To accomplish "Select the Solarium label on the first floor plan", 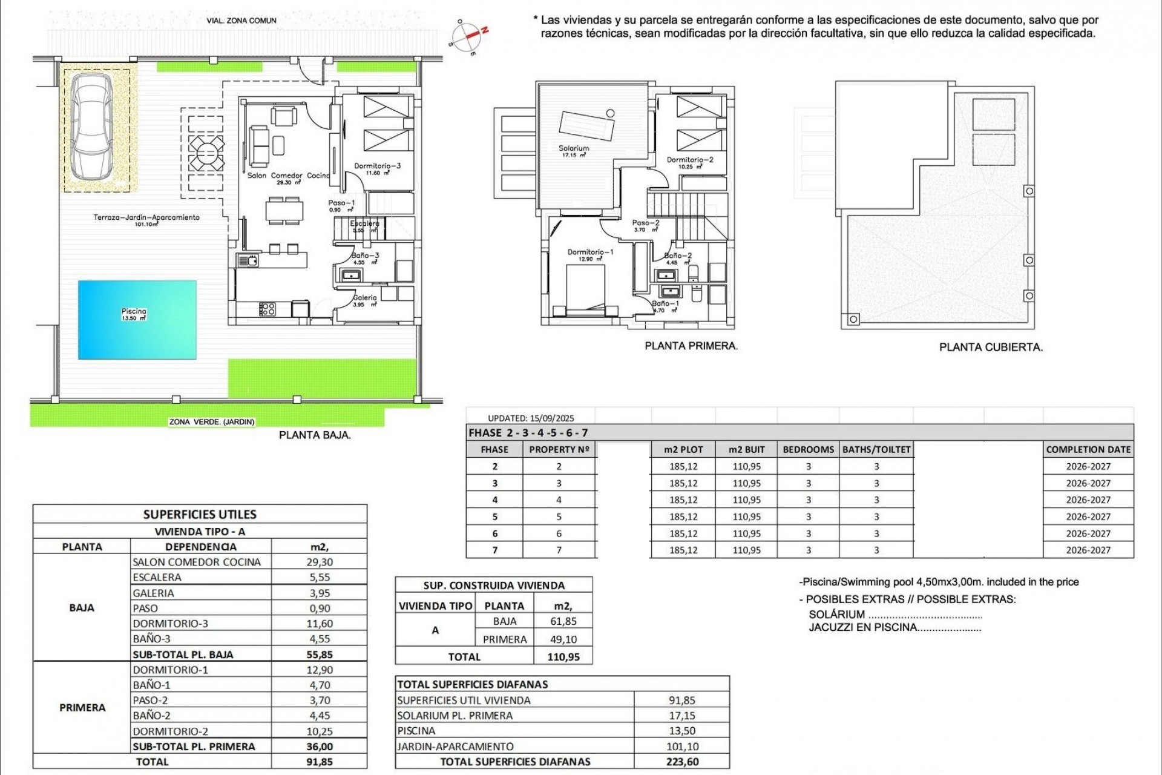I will pos(574,148).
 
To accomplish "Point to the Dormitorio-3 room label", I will pos(378,166).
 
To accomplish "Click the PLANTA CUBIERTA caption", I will pos(991,348).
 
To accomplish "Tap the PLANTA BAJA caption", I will pos(315,435).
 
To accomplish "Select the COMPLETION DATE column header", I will pos(1088,449).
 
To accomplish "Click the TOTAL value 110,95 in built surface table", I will pos(563,657).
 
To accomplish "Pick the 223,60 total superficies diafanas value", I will pos(682,762).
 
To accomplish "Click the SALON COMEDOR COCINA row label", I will pos(197,562).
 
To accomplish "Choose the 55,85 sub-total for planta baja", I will pos(319,655).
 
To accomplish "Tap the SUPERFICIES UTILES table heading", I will pos(200,515).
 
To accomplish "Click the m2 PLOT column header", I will pos(683,449).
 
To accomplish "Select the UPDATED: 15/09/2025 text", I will pos(531,418).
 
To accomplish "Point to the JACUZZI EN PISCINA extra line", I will pos(894,628).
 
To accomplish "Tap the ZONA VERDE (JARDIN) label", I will pos(212,422).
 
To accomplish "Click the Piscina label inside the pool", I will pos(134,311).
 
